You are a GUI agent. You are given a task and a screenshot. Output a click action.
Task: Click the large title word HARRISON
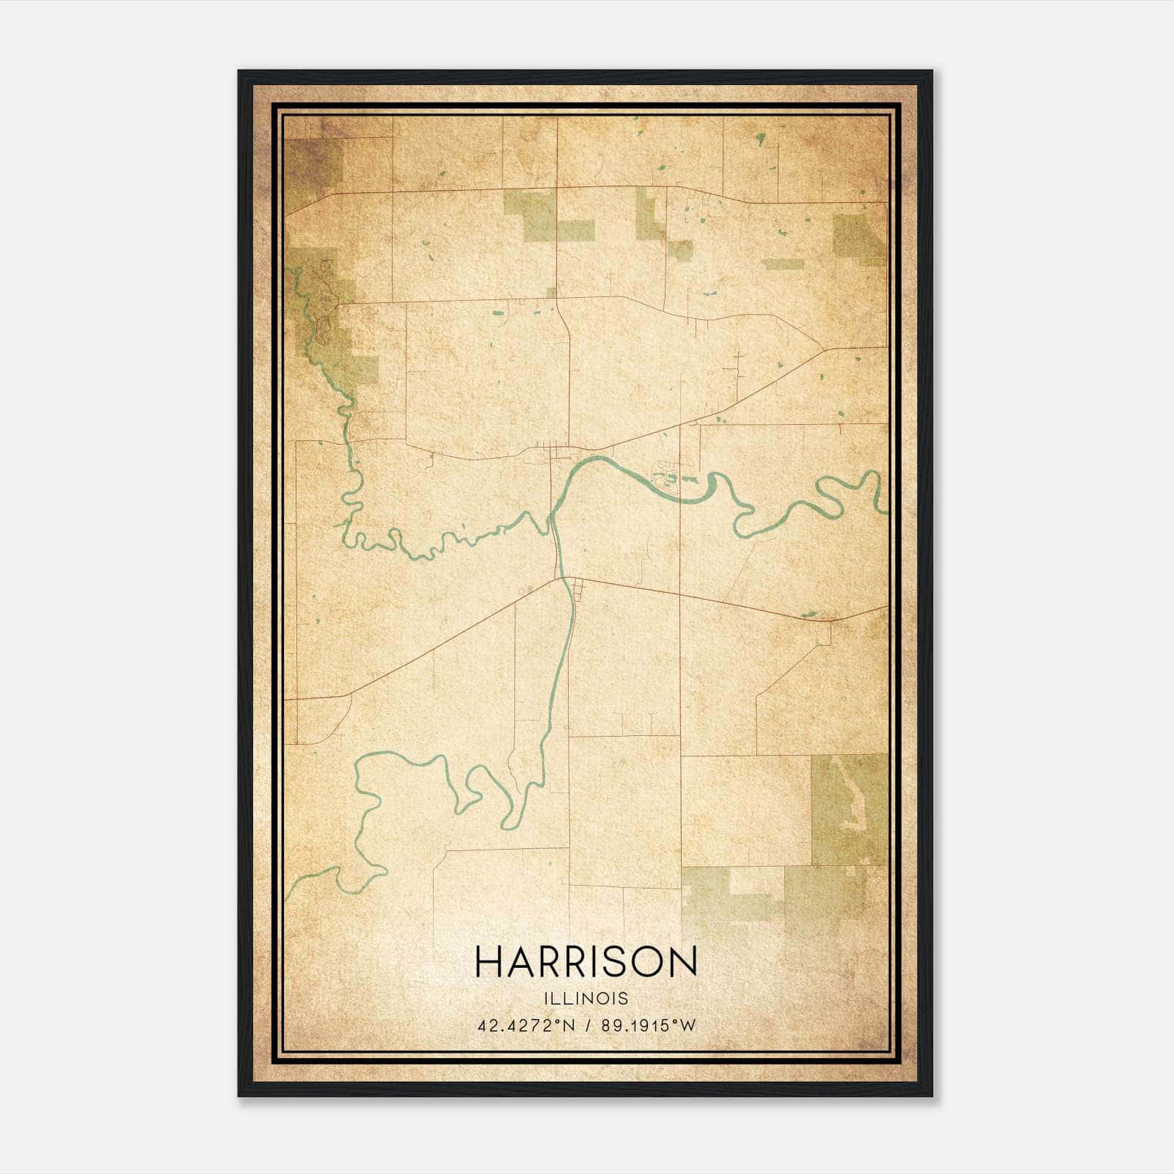(586, 962)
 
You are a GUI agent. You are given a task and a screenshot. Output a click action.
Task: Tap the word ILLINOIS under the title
(586, 999)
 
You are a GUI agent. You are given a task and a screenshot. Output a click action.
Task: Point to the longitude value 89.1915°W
(648, 1026)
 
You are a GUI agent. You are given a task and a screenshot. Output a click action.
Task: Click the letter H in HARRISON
(487, 962)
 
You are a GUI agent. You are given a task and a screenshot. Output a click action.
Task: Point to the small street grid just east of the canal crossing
(578, 589)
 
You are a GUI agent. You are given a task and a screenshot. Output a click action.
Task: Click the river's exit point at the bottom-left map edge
(288, 897)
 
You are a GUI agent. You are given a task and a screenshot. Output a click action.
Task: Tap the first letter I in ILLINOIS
(547, 999)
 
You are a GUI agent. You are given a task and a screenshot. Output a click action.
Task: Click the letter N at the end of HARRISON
(685, 962)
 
